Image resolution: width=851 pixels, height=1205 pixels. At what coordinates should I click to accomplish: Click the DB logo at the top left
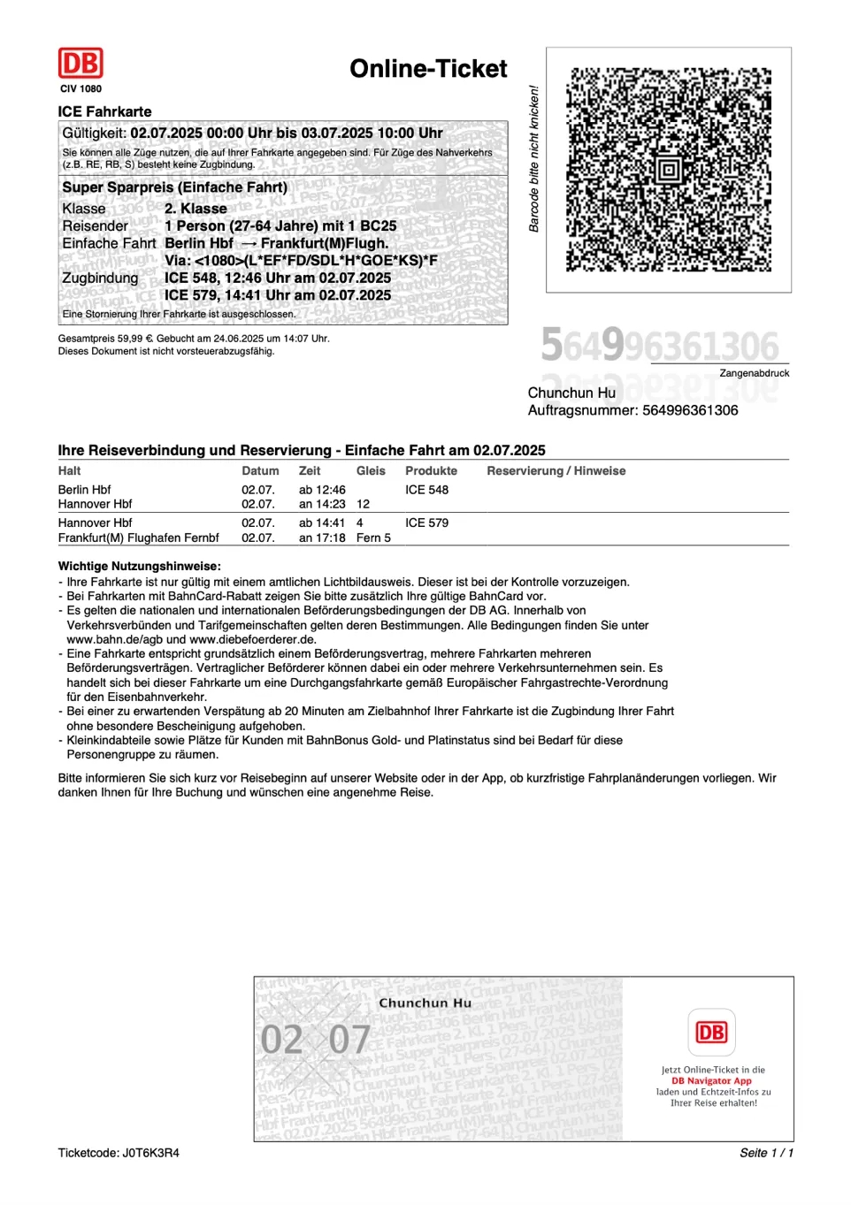pyautogui.click(x=80, y=64)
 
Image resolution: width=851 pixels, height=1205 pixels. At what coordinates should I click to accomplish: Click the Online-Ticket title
pyautogui.click(x=428, y=69)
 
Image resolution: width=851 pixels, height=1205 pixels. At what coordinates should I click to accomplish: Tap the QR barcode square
pyautogui.click(x=669, y=169)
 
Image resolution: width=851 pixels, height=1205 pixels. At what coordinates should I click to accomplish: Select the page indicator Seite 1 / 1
pyautogui.click(x=766, y=1153)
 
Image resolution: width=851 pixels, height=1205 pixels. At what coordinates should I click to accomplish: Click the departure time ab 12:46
pyautogui.click(x=322, y=490)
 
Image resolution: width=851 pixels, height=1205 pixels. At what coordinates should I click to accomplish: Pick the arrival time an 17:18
pyautogui.click(x=322, y=538)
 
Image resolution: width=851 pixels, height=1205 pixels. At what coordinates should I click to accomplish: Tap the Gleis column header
pyautogui.click(x=371, y=471)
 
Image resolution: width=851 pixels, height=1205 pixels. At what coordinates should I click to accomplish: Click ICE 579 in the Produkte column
pyautogui.click(x=426, y=522)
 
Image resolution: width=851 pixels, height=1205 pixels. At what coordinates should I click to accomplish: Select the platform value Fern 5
pyautogui.click(x=373, y=538)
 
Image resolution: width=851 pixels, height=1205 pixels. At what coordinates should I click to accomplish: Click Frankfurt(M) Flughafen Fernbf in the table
pyautogui.click(x=138, y=538)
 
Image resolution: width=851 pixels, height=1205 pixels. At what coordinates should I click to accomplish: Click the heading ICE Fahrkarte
pyautogui.click(x=104, y=111)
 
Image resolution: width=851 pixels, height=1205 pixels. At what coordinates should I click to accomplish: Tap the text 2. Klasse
pyautogui.click(x=195, y=209)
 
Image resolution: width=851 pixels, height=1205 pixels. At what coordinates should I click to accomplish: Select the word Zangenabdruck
pyautogui.click(x=754, y=373)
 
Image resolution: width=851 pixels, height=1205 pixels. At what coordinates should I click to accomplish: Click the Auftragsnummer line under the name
pyautogui.click(x=632, y=410)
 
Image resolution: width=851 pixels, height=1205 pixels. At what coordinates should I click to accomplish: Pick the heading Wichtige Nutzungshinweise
pyautogui.click(x=139, y=566)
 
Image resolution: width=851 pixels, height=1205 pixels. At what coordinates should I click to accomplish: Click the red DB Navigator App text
pyautogui.click(x=711, y=1080)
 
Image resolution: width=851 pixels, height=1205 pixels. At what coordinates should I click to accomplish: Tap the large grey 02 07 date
pyautogui.click(x=315, y=1040)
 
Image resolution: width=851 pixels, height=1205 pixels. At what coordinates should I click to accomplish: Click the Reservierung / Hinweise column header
pyautogui.click(x=556, y=471)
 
